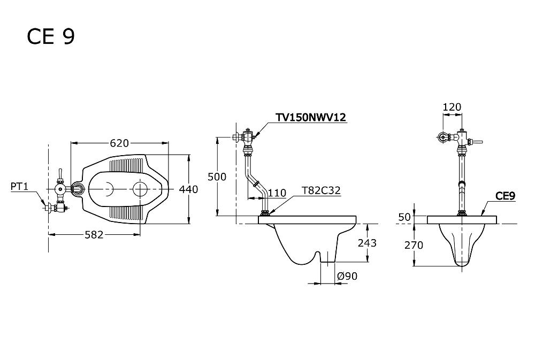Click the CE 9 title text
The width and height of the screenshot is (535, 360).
pyautogui.click(x=50, y=36)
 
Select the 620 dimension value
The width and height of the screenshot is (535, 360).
pyautogui.click(x=119, y=143)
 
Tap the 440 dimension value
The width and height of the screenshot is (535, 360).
pyautogui.click(x=188, y=189)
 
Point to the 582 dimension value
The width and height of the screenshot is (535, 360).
pyautogui.click(x=94, y=235)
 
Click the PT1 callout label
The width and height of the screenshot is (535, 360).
pyautogui.click(x=19, y=186)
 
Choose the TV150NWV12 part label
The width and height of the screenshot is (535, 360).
pyautogui.click(x=311, y=117)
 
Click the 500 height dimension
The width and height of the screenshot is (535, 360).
pyautogui.click(x=217, y=177)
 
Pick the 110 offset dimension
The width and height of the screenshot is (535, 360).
pyautogui.click(x=277, y=193)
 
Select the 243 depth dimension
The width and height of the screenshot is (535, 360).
pyautogui.click(x=367, y=243)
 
